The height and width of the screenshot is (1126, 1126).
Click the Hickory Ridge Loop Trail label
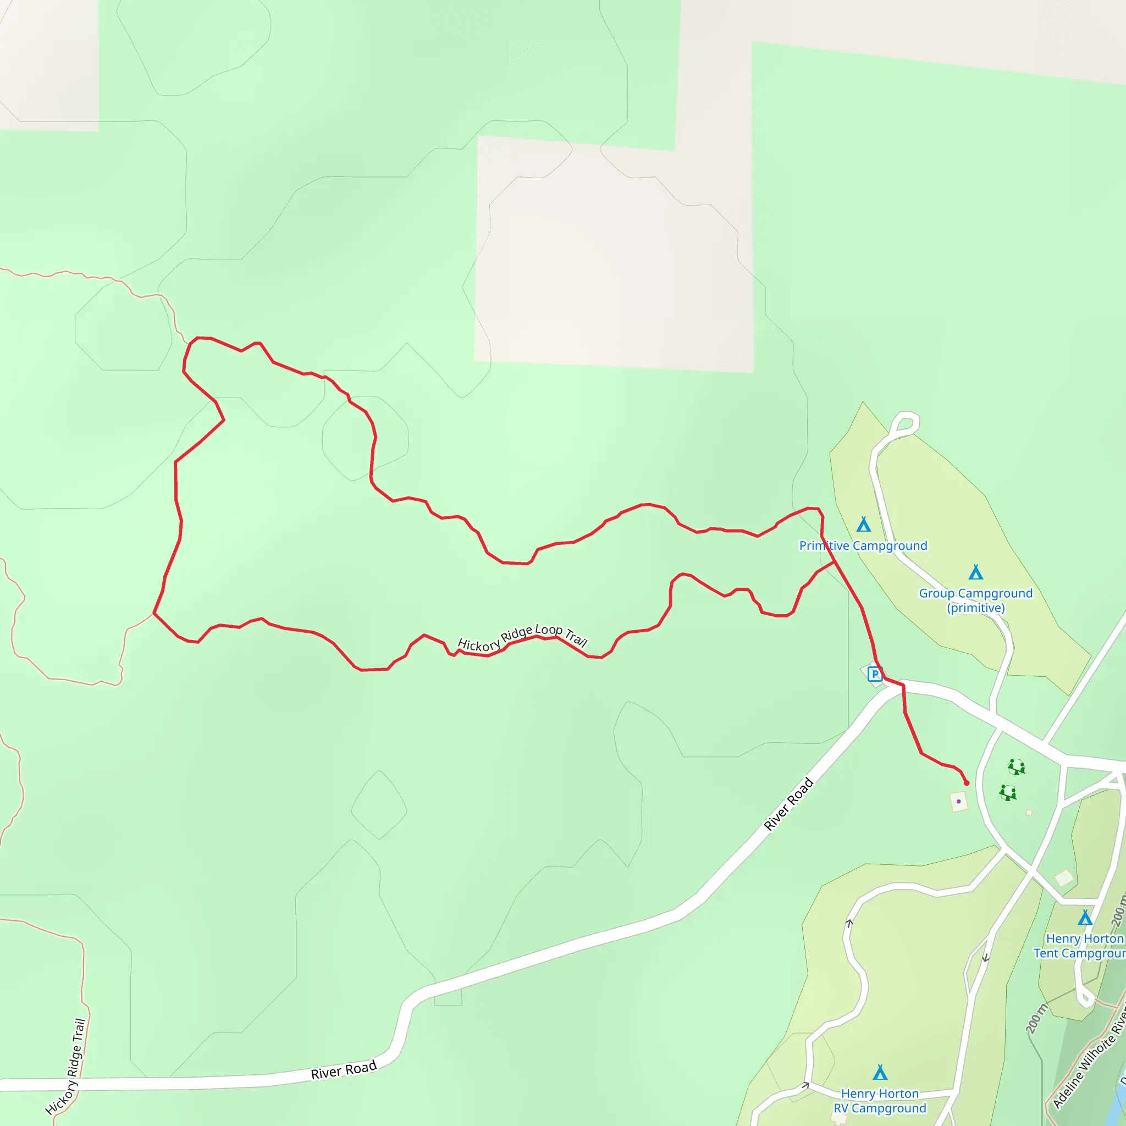(x=522, y=637)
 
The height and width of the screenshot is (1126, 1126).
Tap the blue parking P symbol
(x=875, y=674)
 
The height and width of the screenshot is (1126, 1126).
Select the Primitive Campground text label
(x=863, y=545)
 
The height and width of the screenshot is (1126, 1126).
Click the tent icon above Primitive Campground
(x=864, y=525)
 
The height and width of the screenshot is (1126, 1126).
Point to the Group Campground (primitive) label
(x=976, y=600)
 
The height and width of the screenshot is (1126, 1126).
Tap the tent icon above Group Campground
(x=976, y=572)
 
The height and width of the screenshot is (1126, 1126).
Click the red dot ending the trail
(x=967, y=783)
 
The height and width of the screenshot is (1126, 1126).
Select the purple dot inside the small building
(x=959, y=802)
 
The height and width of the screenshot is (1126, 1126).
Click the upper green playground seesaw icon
(x=1017, y=766)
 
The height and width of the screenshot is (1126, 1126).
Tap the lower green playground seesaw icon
(x=1008, y=793)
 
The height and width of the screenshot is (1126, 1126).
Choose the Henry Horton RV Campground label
(x=880, y=1101)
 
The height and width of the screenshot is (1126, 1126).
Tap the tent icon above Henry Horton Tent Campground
(x=1085, y=918)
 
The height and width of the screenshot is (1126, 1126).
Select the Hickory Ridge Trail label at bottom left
(x=66, y=1067)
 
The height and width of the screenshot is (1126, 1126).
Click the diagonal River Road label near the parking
(x=788, y=804)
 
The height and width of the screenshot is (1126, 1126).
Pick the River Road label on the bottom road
(x=344, y=1070)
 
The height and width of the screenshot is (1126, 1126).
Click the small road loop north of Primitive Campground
(x=905, y=423)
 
